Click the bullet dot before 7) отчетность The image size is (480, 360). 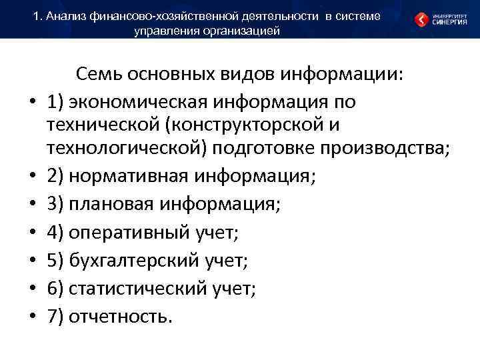[x=31, y=317]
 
